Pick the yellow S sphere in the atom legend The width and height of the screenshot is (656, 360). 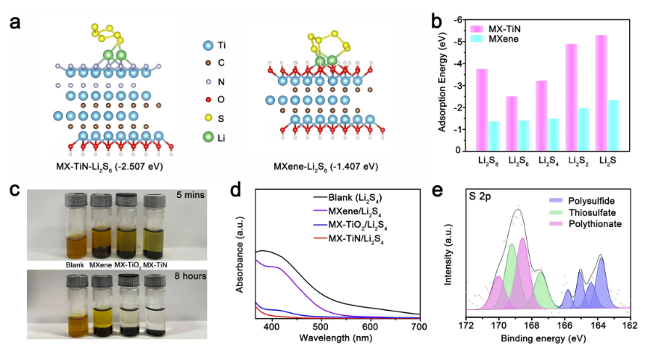[205, 117]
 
